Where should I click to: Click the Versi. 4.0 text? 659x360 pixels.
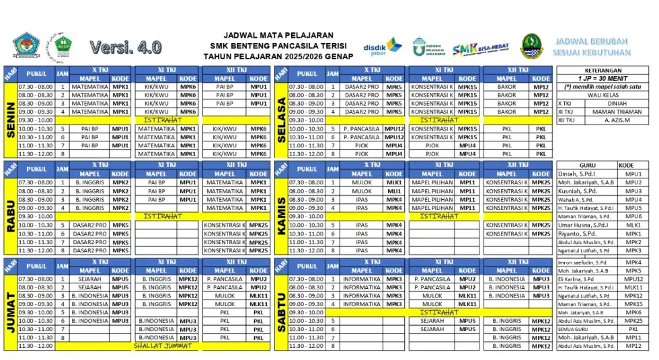tap(125, 47)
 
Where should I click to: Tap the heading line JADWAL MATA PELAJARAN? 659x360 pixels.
tap(278, 35)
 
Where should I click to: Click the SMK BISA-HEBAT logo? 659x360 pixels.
tap(480, 48)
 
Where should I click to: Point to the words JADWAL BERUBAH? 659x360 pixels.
tap(592, 41)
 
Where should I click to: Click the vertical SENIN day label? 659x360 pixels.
tap(11, 120)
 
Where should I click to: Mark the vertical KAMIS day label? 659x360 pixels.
tap(281, 215)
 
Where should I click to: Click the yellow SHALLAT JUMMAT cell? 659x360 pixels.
tap(163, 346)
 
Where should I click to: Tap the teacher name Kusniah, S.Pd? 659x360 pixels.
tap(576, 191)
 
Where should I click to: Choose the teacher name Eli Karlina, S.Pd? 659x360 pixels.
tap(576, 279)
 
